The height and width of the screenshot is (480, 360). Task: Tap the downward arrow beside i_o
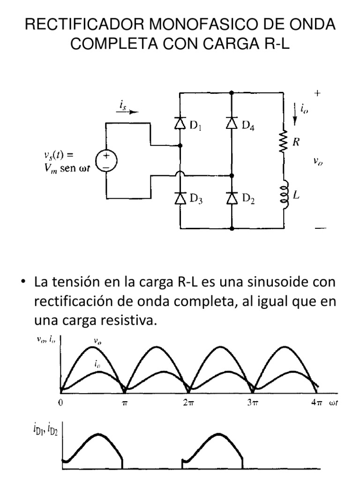point(294,115)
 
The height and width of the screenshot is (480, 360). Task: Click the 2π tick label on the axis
point(187,403)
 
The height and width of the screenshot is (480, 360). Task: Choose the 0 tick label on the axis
point(61,403)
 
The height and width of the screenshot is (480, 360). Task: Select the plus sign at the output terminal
point(318,94)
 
